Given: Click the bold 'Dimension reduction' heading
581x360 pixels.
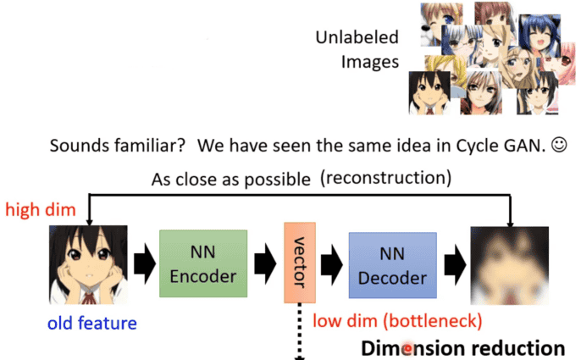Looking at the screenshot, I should pos(462,347).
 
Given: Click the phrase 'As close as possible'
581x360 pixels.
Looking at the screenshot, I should pos(222,180).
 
